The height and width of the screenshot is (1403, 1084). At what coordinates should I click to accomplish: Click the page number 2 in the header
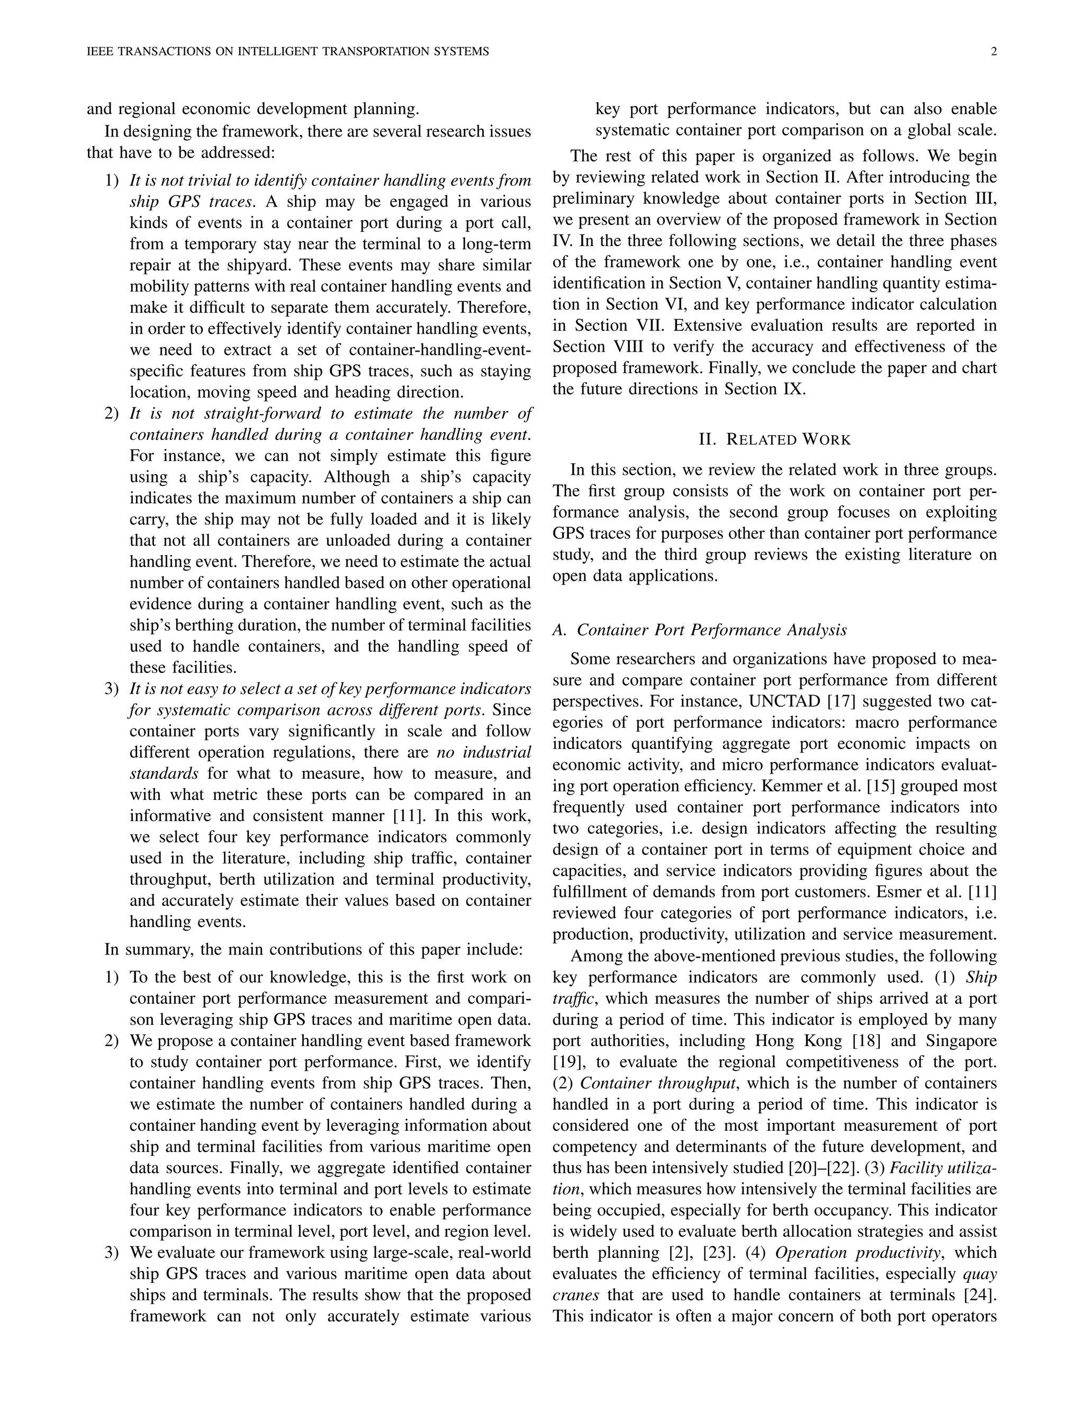pos(993,51)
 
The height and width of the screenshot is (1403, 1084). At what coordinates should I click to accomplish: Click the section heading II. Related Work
pos(774,440)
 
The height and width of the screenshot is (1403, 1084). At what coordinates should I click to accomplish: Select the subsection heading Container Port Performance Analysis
pos(711,630)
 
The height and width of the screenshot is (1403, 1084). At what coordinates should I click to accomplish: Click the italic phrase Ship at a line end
pos(981,977)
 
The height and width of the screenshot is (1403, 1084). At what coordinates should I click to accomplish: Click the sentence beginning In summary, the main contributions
pos(313,949)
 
